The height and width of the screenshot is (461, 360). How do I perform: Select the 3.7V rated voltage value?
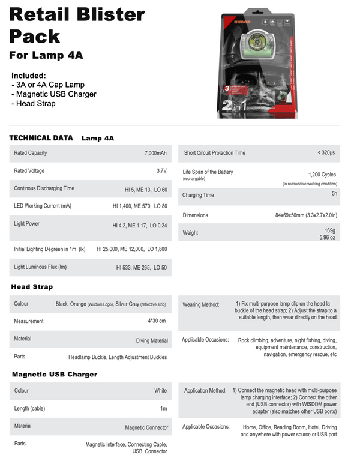(x=161, y=171)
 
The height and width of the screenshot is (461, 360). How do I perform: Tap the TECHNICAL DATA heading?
(x=41, y=138)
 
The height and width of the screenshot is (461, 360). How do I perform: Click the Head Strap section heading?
(x=32, y=287)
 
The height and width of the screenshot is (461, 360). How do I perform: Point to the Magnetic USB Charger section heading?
(x=55, y=375)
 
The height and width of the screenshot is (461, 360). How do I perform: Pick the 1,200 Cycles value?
(x=322, y=174)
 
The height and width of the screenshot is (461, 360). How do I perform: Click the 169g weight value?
(x=329, y=230)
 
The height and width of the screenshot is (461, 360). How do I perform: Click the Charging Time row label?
(x=198, y=195)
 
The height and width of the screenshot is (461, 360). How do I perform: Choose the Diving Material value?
(x=152, y=341)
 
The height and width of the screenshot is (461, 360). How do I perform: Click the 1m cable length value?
(x=163, y=409)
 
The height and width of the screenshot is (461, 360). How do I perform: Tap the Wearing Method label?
(x=201, y=304)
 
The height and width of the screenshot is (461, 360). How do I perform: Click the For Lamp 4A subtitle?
(x=46, y=56)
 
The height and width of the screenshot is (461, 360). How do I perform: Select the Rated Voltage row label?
(x=29, y=171)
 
